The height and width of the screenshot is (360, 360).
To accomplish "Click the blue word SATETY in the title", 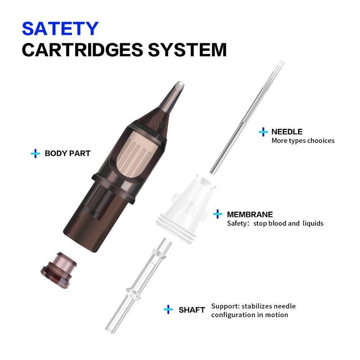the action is [x=60, y=28].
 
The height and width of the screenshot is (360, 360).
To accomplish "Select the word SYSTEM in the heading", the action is [x=187, y=49].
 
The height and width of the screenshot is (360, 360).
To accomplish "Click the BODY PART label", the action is [x=67, y=153].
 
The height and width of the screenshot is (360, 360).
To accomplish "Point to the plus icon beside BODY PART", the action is [x=36, y=153].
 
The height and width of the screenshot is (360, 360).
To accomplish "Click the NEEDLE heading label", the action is [x=287, y=132].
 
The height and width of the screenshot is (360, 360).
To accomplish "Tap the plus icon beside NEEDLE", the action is [x=263, y=132].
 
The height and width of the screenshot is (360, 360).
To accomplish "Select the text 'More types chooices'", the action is [x=303, y=140].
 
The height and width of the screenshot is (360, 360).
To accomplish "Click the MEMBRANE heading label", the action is [x=250, y=215].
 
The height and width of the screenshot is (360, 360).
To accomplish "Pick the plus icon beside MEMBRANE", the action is [x=217, y=214].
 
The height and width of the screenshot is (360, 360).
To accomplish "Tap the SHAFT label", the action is [x=192, y=310].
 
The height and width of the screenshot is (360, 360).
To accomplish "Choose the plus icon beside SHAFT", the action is [x=168, y=310].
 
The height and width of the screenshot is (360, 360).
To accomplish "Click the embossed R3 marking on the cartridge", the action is [x=157, y=122].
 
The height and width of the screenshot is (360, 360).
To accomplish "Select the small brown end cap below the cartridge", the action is [x=59, y=270].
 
